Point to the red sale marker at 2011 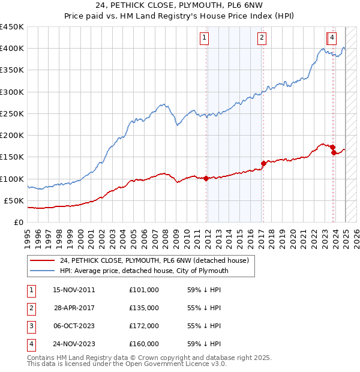click(206, 178)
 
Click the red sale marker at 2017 click(263, 163)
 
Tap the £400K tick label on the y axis click(11, 49)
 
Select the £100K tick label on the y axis click(11, 179)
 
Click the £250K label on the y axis click(11, 113)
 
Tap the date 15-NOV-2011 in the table click(74, 290)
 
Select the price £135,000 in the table click(144, 308)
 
